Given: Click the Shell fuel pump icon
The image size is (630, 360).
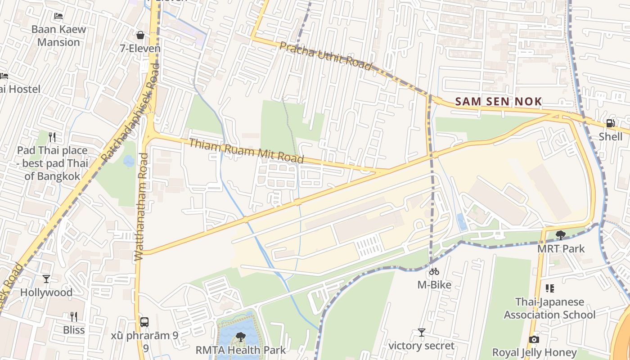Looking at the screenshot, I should [x=610, y=123].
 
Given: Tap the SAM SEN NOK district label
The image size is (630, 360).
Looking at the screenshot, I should [x=498, y=102].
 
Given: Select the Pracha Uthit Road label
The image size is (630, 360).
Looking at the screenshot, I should [x=326, y=56].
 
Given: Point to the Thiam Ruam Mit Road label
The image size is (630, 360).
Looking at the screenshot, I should [x=246, y=151].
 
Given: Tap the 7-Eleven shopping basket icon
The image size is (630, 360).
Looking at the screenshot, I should [x=140, y=35].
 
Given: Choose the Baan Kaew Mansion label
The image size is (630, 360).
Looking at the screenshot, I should [x=58, y=36].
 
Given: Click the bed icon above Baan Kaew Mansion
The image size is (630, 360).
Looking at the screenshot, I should [x=58, y=16].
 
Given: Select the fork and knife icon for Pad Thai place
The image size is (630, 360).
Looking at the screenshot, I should [x=52, y=137].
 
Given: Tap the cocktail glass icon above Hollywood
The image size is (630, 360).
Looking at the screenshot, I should [x=46, y=279].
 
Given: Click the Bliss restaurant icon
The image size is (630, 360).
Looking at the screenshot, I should [x=74, y=317].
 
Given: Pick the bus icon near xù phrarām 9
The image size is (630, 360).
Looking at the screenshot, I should [x=144, y=322].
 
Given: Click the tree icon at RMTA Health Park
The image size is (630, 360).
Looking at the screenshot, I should [x=241, y=337].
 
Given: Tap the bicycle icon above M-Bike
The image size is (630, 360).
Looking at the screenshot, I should [x=434, y=271].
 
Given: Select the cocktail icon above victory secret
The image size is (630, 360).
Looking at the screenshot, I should [x=421, y=333].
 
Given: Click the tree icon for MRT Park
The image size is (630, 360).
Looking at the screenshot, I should [x=561, y=235].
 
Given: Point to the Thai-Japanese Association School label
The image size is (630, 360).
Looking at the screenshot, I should [x=549, y=308].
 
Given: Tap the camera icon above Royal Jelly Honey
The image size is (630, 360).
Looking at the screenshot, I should [x=534, y=339].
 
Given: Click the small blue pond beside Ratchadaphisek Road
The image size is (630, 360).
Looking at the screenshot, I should [x=129, y=161].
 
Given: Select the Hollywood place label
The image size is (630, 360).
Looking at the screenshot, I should [x=46, y=292].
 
